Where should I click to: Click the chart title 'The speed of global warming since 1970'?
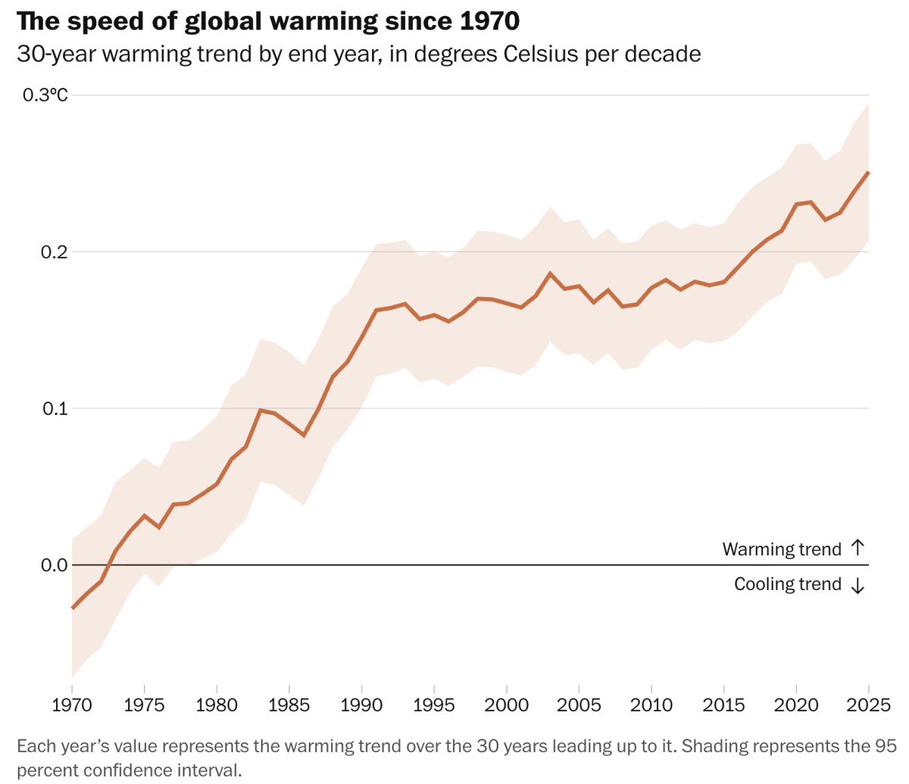[268, 20]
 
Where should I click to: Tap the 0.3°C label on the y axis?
[45, 95]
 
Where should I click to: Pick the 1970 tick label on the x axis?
[73, 705]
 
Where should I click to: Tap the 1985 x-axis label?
[289, 705]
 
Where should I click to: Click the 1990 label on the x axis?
[361, 705]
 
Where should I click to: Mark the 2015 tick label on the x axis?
[723, 705]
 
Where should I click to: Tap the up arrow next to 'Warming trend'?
[857, 548]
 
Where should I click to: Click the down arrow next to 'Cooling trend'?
[857, 586]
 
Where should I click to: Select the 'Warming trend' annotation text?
[782, 549]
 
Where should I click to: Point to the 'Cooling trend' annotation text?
[788, 585]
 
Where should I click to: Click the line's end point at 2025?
[868, 173]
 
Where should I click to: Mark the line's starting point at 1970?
[73, 608]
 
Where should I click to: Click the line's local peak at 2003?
[550, 273]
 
